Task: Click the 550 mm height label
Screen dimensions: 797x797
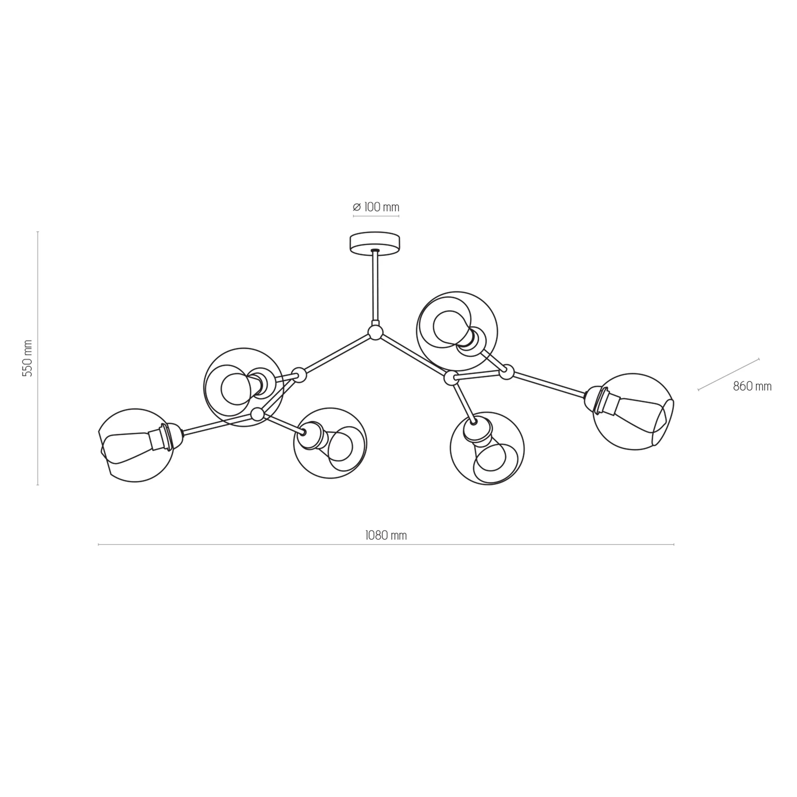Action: click(x=27, y=358)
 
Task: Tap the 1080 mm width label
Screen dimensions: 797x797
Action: click(x=386, y=535)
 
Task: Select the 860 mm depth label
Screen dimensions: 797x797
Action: click(x=752, y=386)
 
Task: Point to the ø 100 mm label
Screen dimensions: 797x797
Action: click(x=376, y=207)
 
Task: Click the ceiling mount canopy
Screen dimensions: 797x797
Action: click(x=375, y=243)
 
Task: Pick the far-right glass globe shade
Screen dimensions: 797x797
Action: click(x=633, y=412)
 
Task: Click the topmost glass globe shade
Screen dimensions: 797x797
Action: click(x=457, y=331)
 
